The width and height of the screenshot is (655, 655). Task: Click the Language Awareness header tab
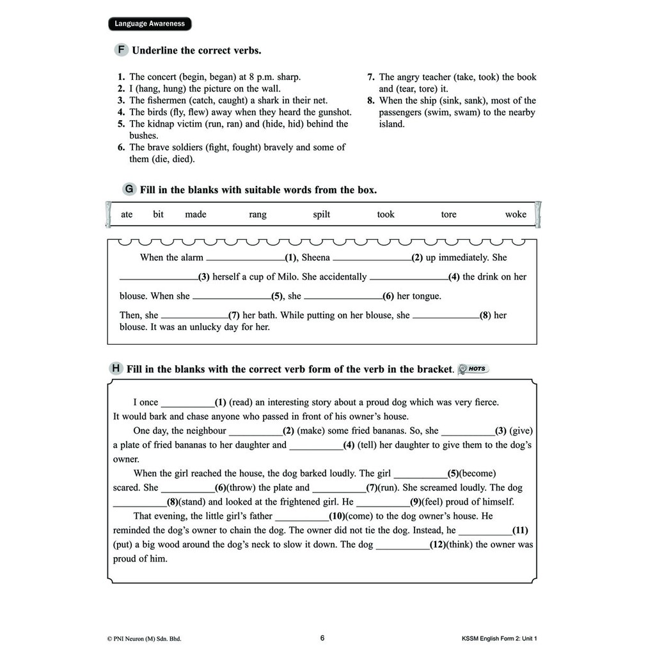pos(150,24)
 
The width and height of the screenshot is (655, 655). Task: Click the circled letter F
pos(120,50)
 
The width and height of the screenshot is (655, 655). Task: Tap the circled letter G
pos(129,189)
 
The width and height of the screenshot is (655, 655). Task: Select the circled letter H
pos(116,368)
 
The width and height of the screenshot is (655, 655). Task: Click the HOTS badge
pos(474,368)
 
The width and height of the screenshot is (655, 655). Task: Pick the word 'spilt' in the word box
pos(321,214)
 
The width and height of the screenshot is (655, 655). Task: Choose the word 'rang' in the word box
pos(258,214)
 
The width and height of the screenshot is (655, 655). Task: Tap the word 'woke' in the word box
pos(516,214)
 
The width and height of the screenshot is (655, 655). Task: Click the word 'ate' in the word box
pos(127,214)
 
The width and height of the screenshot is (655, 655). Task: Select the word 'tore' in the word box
pos(448,214)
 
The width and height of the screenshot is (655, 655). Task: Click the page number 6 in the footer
pos(322,638)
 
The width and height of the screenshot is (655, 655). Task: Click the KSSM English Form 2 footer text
pos(504,638)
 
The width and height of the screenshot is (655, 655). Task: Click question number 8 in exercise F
pos(371,100)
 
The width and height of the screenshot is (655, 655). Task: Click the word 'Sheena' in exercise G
pos(315,257)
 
